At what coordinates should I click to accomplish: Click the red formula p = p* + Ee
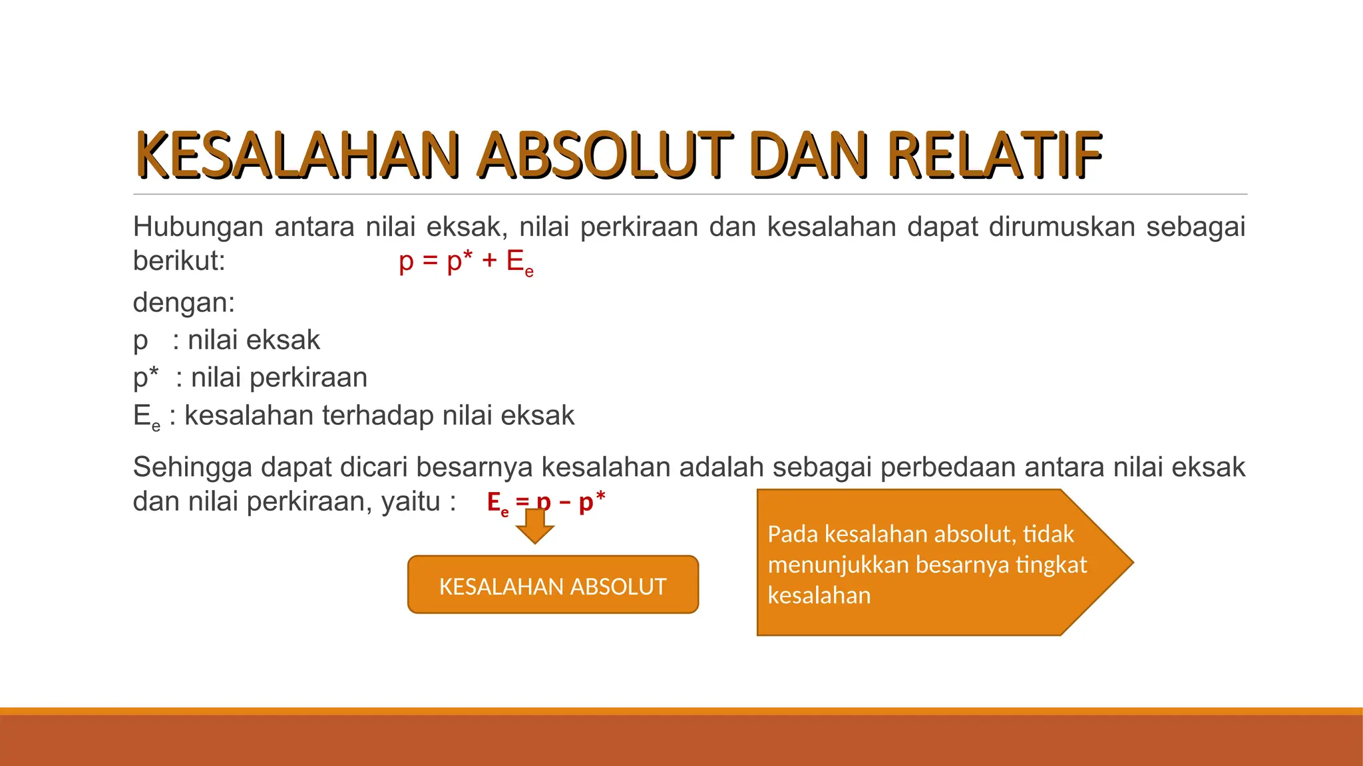point(466,261)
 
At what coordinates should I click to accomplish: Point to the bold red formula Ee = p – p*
point(546,502)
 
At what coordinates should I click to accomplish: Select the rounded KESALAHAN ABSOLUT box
point(552,585)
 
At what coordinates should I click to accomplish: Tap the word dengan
point(180,303)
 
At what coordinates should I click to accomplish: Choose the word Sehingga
point(192,467)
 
